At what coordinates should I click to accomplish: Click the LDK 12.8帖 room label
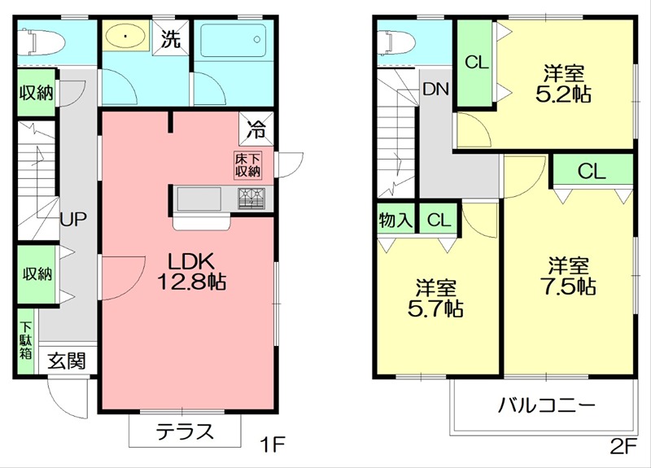pyautogui.click(x=190, y=272)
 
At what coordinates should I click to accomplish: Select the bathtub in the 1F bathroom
pyautogui.click(x=232, y=39)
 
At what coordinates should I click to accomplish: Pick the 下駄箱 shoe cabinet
pyautogui.click(x=26, y=339)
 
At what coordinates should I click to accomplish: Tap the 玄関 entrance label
pyautogui.click(x=65, y=360)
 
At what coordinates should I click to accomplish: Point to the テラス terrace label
pyautogui.click(x=185, y=431)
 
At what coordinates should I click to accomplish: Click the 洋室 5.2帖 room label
pyautogui.click(x=562, y=83)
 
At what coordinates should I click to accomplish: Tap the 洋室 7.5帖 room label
pyautogui.click(x=568, y=276)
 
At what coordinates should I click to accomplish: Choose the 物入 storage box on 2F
pyautogui.click(x=396, y=220)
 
